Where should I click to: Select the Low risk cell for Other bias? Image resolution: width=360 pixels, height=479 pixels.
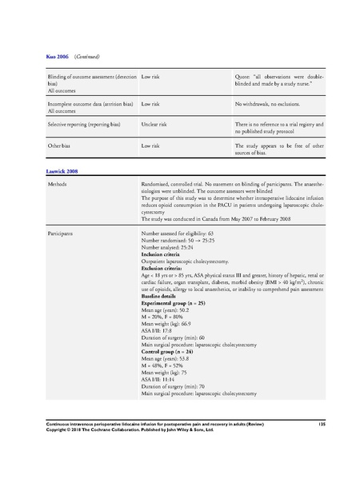click(x=151, y=146)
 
